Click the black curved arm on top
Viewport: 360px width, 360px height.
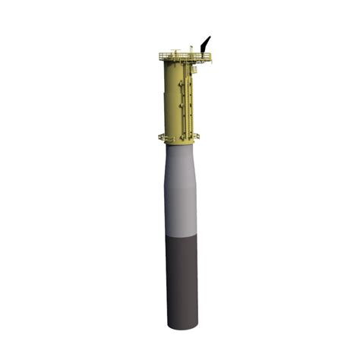click(204, 46)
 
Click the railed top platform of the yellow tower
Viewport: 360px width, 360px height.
click(185, 57)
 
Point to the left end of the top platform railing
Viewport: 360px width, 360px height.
click(160, 56)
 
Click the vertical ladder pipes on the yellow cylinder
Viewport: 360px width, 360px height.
click(185, 99)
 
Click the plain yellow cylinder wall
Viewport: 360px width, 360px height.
click(171, 99)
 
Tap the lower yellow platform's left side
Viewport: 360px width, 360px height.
click(164, 137)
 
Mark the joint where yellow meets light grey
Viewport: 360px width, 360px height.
click(181, 145)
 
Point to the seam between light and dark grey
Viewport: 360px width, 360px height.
click(182, 238)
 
